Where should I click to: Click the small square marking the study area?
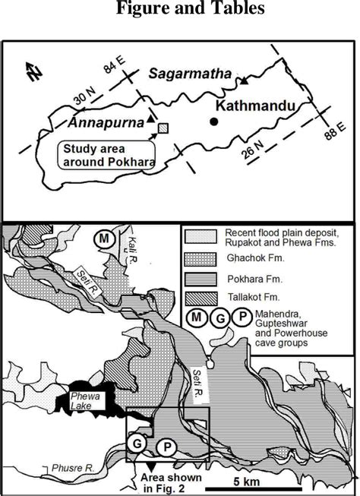(163, 128)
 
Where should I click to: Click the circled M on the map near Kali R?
(104, 239)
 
